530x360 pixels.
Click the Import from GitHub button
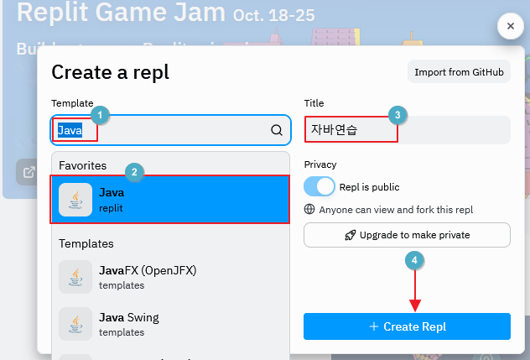[x=459, y=72]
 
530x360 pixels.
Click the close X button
[x=511, y=27]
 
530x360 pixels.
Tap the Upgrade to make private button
[x=407, y=235]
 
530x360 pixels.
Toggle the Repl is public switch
[x=320, y=186]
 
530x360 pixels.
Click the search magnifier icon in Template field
[x=277, y=130]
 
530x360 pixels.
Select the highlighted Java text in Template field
[x=70, y=130]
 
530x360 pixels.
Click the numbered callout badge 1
[x=100, y=113]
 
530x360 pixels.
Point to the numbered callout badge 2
[x=134, y=171]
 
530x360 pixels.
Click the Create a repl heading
[x=111, y=72]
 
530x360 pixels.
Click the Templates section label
[x=86, y=243]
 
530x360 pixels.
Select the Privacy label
[x=320, y=164]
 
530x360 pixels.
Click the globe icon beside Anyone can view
[x=309, y=210]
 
